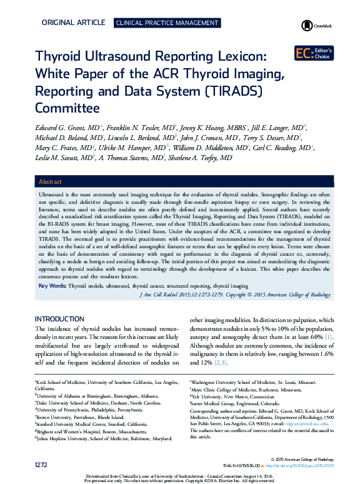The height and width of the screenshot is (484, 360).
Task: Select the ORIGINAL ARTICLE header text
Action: [73, 23]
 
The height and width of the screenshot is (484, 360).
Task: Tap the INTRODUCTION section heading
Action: [64, 318]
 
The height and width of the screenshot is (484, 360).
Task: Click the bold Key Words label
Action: [52, 285]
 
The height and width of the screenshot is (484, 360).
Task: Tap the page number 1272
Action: [42, 465]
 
